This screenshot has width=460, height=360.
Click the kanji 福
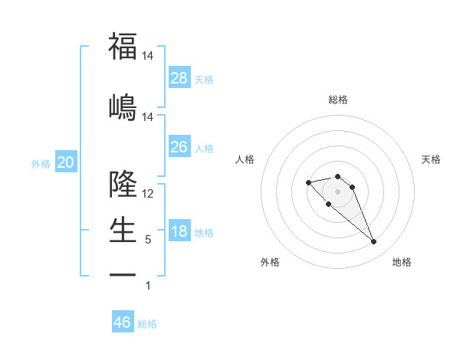click(x=123, y=47)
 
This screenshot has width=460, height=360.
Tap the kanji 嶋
click(x=123, y=106)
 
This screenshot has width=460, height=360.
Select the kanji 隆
click(x=123, y=184)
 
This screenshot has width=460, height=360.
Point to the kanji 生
click(x=123, y=229)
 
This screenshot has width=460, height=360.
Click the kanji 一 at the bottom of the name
click(x=123, y=273)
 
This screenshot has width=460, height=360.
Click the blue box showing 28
click(x=179, y=78)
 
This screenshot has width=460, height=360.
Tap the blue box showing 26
click(x=179, y=147)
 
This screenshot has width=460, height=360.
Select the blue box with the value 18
click(x=179, y=231)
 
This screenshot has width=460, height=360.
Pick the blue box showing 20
click(x=66, y=162)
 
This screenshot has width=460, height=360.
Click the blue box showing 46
click(x=123, y=322)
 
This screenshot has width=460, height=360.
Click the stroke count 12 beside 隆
click(x=148, y=194)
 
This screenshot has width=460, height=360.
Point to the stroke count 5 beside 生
click(x=148, y=240)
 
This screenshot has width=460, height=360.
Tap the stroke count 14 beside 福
click(x=148, y=56)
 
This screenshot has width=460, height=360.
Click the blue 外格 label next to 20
click(x=41, y=164)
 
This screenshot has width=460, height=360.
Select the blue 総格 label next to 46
click(x=147, y=324)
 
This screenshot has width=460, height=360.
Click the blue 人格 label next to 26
click(x=204, y=148)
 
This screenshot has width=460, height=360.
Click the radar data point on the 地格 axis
click(x=374, y=242)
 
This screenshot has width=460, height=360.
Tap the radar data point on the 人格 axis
click(x=308, y=182)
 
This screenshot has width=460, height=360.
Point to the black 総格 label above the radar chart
click(x=338, y=100)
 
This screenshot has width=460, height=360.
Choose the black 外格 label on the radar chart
click(x=270, y=262)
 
